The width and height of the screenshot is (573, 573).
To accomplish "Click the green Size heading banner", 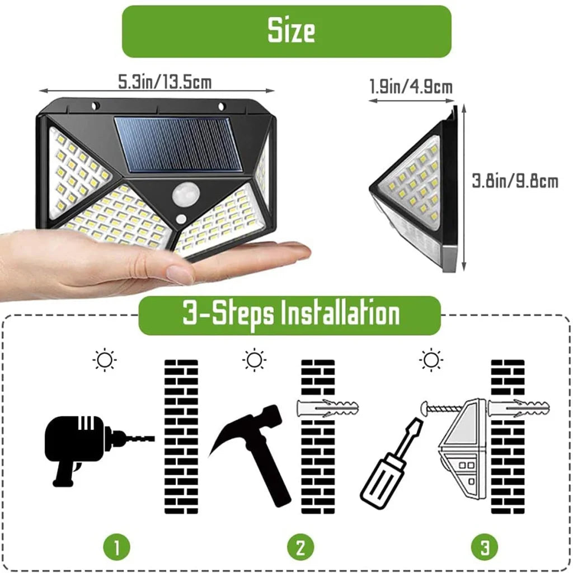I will (286, 31).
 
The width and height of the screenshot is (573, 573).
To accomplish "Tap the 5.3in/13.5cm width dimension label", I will (165, 82).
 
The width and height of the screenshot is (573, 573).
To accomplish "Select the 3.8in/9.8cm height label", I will (515, 181).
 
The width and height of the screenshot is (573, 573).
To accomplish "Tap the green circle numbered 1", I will (116, 547).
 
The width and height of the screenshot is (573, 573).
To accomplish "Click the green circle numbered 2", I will (300, 547).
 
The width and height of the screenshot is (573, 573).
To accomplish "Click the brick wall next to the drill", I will (181, 436).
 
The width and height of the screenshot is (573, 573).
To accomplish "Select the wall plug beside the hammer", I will (327, 409).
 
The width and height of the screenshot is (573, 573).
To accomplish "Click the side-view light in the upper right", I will (417, 190).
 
